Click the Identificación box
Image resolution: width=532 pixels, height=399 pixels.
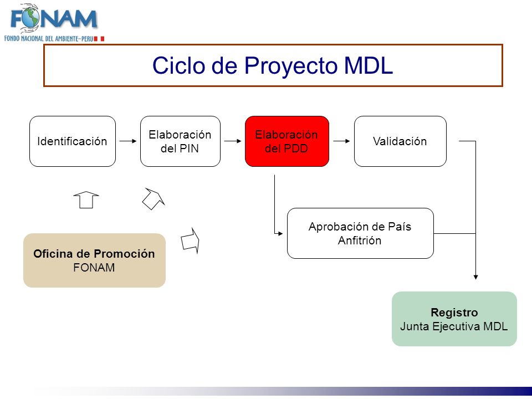coord(73,141)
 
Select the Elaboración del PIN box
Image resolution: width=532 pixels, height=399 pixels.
coord(180,141)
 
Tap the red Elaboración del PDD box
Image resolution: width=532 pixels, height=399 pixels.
coord(287,141)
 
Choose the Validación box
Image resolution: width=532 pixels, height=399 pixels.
coord(400,141)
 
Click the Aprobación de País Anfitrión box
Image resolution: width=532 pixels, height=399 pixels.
coord(360,233)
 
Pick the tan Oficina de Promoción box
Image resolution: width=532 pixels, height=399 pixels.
coord(94,260)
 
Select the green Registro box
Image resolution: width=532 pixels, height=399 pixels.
coord(454,319)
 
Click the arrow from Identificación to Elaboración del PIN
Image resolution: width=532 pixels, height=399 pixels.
coord(128,141)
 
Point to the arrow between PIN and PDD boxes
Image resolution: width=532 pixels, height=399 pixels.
coord(233,141)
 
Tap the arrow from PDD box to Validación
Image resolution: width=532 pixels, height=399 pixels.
coord(342,141)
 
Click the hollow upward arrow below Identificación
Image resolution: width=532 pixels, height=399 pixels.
coord(86,200)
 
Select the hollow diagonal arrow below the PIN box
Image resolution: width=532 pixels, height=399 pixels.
coord(154,199)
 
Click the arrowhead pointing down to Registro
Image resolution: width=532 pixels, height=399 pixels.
coord(475,277)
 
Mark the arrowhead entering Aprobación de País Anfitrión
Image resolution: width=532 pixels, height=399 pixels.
coord(280,233)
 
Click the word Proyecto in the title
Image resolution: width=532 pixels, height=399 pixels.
coord(291,65)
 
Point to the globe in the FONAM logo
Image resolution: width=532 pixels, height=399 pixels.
coord(29,18)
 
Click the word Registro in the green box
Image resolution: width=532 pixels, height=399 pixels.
coord(454,313)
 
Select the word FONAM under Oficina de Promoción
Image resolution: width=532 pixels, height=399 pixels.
coord(94,268)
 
